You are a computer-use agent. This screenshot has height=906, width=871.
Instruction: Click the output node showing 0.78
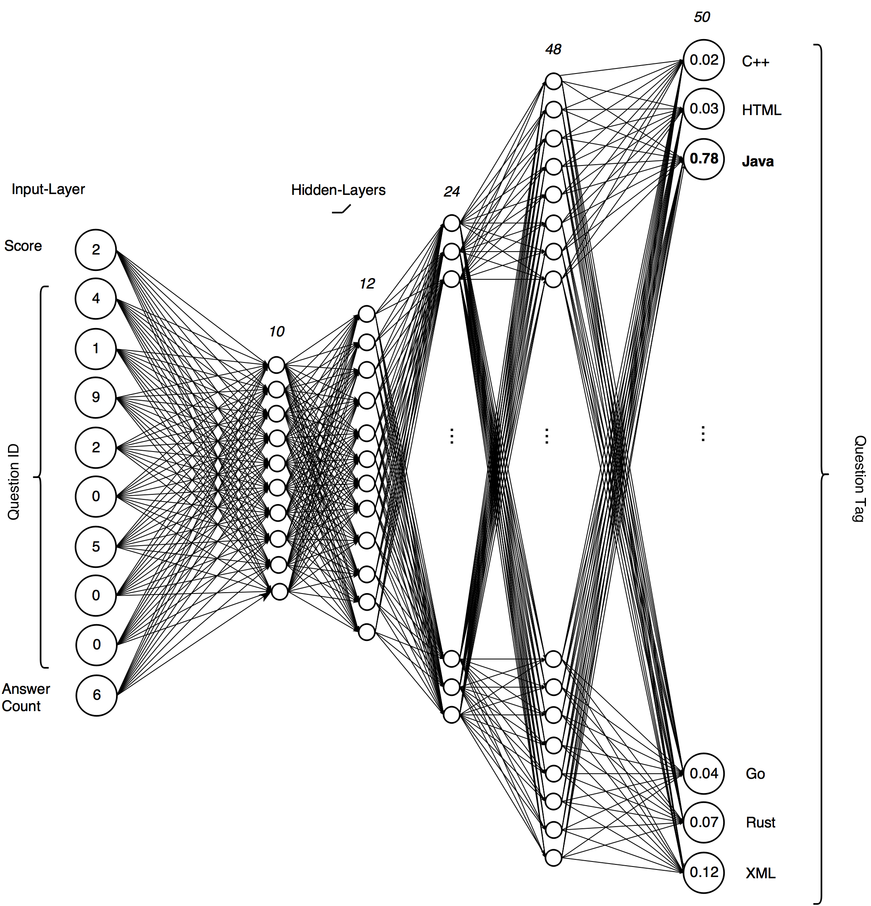click(703, 159)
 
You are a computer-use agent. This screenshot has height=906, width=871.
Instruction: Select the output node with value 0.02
click(703, 60)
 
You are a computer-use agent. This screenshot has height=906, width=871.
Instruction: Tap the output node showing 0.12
click(703, 872)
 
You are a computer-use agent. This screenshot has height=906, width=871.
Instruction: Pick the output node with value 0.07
click(703, 822)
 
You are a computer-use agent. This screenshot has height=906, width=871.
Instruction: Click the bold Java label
click(758, 161)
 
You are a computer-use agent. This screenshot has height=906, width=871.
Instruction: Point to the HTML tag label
click(761, 110)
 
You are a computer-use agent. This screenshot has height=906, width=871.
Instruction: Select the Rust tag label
click(760, 823)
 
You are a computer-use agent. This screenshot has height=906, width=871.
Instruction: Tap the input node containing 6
click(96, 695)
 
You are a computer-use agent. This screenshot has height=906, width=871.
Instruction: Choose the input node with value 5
click(96, 546)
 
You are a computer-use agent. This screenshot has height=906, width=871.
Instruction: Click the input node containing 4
click(96, 299)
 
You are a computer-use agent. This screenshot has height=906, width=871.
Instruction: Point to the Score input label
click(23, 246)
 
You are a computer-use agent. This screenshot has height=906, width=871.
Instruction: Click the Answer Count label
click(26, 698)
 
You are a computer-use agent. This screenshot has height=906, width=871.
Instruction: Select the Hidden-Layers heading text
click(338, 190)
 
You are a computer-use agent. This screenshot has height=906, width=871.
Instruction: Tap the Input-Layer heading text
click(48, 189)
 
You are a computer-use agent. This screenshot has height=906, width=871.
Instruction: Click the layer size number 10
click(276, 331)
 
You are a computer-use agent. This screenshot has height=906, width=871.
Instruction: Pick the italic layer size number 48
click(553, 50)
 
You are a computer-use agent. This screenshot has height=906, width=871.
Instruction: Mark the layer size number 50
click(702, 18)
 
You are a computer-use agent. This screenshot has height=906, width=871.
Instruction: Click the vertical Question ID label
click(13, 482)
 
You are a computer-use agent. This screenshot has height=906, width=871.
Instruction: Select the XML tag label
click(760, 873)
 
